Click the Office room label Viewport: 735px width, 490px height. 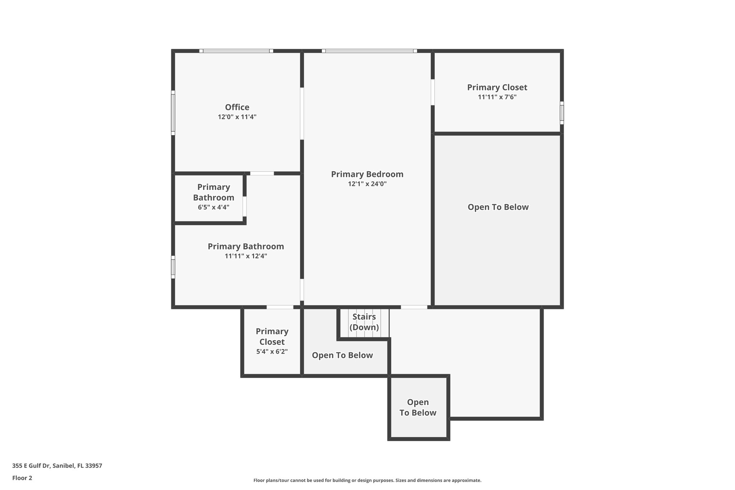click(237, 107)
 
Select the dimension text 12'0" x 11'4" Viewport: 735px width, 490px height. click(237, 117)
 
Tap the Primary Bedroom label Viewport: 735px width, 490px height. click(367, 174)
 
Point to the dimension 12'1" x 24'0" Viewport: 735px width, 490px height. click(367, 184)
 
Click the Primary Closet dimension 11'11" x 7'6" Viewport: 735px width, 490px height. click(497, 97)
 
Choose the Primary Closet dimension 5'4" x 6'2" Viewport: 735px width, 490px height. click(272, 352)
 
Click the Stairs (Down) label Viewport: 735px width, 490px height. click(364, 322)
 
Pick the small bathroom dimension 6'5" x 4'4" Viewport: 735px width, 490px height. click(214, 207)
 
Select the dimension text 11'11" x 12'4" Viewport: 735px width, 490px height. click(246, 256)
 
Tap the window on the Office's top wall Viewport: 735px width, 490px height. click(236, 51)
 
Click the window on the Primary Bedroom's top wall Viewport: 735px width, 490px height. click(369, 51)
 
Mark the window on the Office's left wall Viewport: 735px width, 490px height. click(173, 113)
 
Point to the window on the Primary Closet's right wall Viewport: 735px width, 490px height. click(562, 113)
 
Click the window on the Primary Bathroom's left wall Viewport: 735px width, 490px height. click(173, 267)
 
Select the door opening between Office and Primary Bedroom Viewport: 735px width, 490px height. click(302, 113)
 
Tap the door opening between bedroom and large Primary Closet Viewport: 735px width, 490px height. click(432, 92)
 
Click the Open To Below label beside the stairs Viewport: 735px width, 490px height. click(342, 355)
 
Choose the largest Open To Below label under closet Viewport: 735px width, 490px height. click(498, 207)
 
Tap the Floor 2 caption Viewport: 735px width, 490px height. click(22, 478)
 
